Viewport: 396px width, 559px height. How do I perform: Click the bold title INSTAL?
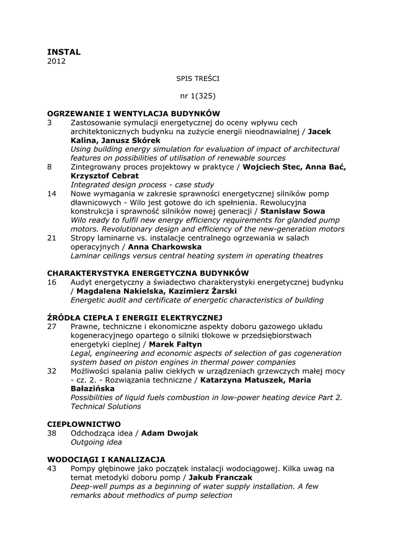click(x=63, y=52)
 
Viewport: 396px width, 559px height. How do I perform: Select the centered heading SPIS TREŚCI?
click(x=197, y=79)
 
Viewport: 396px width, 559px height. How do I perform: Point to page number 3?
click(x=49, y=122)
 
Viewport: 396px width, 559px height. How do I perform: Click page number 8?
click(x=49, y=167)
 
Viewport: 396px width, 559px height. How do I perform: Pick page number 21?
click(x=51, y=238)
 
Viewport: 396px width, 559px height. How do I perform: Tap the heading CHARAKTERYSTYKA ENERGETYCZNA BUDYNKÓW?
click(x=148, y=273)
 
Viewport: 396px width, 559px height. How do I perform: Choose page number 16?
click(x=51, y=282)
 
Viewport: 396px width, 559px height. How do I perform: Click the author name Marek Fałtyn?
click(x=175, y=344)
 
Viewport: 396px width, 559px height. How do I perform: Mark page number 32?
click(x=51, y=371)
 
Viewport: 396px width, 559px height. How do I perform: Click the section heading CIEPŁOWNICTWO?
click(x=84, y=424)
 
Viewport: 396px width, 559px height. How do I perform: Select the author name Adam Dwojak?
click(x=170, y=433)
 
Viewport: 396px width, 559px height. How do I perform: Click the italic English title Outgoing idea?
click(x=96, y=442)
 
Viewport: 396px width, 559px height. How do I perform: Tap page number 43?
click(x=51, y=468)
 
